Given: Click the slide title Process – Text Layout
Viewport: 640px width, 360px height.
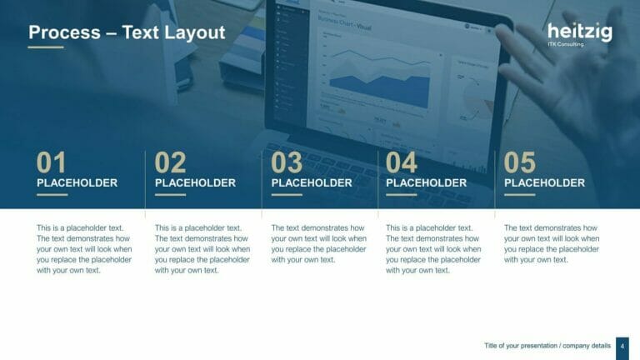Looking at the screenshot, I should (x=127, y=32).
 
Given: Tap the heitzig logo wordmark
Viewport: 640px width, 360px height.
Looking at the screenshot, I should (x=579, y=32).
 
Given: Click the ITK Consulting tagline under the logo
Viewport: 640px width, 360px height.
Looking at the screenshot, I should (x=566, y=44).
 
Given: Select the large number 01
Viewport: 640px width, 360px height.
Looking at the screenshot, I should (x=51, y=162).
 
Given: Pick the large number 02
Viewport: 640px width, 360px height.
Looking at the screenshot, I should (x=170, y=162).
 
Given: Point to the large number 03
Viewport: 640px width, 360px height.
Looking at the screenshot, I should (x=287, y=162).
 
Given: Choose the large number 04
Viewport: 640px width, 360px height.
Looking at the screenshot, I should (x=402, y=162).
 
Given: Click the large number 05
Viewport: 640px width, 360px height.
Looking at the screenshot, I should (x=520, y=162).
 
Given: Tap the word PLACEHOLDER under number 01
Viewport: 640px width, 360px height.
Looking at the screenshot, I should (x=77, y=183).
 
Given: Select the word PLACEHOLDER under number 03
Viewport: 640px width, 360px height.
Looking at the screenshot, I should (x=312, y=183).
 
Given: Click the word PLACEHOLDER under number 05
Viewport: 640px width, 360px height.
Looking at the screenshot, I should (x=545, y=183).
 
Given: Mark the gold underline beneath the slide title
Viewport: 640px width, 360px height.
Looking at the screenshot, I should (x=46, y=47).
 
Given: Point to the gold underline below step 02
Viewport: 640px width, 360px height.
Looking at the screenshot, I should (x=170, y=195).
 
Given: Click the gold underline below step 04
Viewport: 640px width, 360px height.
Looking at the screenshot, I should (x=402, y=195).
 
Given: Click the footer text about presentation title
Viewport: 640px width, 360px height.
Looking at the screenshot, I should (x=546, y=346).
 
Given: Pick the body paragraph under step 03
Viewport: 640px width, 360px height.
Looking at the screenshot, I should (x=318, y=243).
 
